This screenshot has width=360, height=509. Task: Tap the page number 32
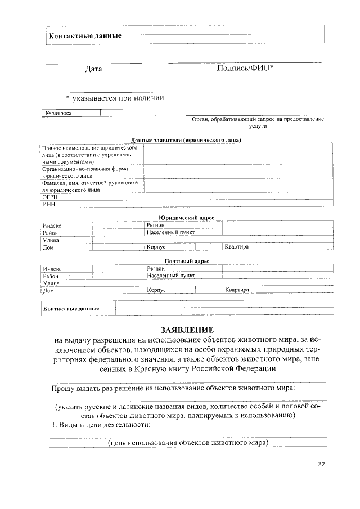[x=322, y=464]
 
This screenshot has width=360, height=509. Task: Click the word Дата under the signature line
[x=93, y=69]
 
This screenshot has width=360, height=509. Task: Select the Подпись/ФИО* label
[x=245, y=69]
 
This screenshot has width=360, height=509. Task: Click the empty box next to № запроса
[x=128, y=113]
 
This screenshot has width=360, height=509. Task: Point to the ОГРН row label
[x=50, y=198]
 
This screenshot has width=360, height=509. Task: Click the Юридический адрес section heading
[x=186, y=218]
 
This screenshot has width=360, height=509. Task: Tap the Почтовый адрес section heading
[x=186, y=262]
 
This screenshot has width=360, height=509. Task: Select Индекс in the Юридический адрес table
[x=52, y=225]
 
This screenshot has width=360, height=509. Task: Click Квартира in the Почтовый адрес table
[x=237, y=290]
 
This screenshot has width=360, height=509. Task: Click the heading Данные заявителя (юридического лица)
[x=186, y=140]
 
